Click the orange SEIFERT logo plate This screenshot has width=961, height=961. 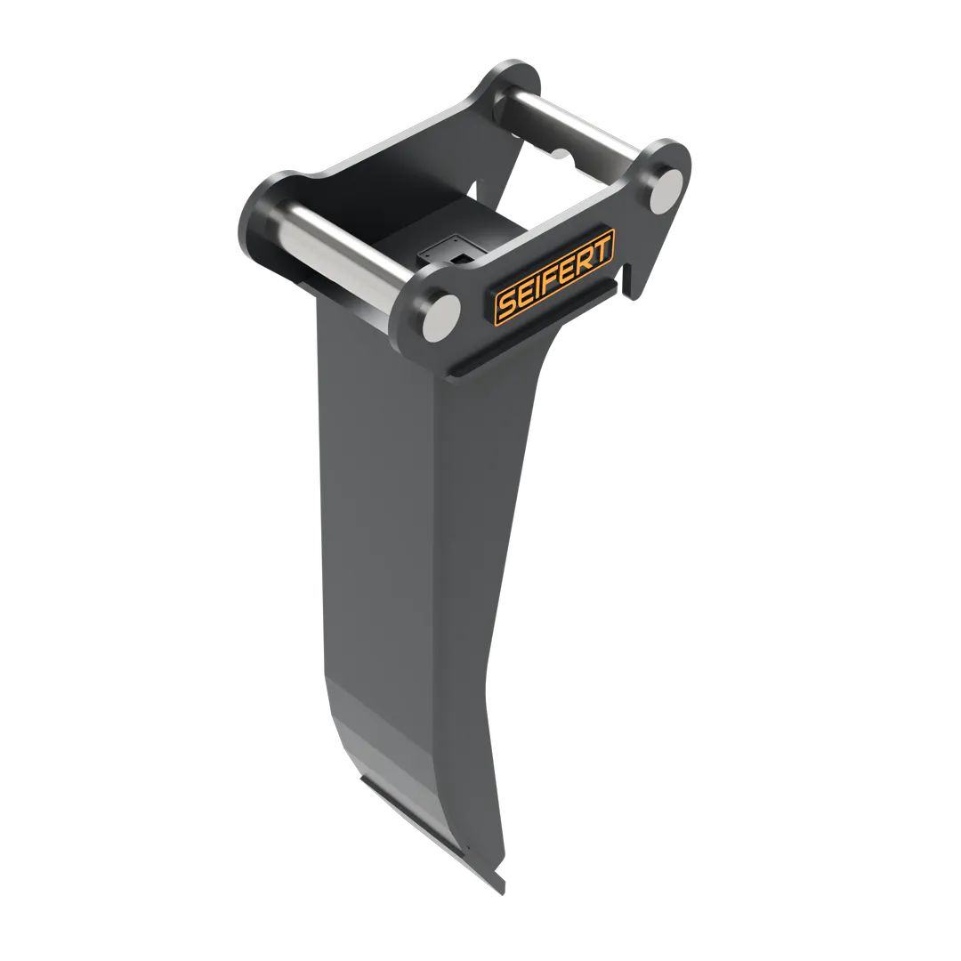point(554,277)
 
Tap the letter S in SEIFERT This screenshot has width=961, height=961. point(507,305)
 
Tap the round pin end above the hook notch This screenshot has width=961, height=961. point(666,190)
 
